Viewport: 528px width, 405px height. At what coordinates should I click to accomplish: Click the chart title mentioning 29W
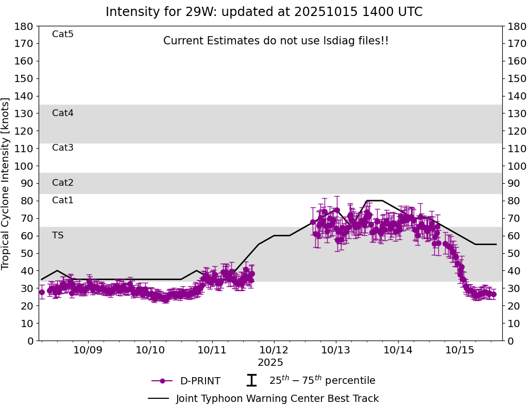[x=264, y=12]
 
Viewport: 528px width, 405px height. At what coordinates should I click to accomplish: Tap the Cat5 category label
[x=63, y=34]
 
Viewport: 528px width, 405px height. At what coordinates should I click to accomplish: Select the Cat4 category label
[x=63, y=113]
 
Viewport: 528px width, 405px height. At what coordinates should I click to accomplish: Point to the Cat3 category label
[x=63, y=148]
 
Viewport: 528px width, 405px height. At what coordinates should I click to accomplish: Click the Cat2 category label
[x=63, y=183]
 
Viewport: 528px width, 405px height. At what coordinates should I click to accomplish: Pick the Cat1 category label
[x=63, y=200]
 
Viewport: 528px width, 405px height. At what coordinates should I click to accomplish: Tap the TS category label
[x=58, y=235]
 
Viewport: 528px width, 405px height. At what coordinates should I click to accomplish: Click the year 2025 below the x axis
[x=270, y=363]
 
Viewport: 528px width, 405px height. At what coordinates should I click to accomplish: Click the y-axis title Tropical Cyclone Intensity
[x=6, y=183]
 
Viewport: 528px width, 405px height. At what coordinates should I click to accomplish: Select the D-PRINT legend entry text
[x=200, y=381]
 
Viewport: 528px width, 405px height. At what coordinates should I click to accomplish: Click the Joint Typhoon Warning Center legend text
[x=277, y=399]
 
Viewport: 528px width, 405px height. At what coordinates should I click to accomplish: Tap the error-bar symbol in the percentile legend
[x=251, y=381]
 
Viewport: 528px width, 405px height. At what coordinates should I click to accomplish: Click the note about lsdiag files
[x=276, y=41]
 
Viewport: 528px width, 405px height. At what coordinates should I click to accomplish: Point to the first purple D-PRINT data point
[x=42, y=292]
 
